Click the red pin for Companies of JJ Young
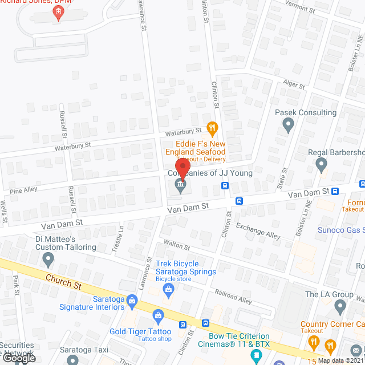pos(180,170)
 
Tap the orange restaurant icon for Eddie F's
pos(212,128)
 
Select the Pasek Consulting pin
pos(288,125)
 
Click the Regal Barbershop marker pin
pos(321,165)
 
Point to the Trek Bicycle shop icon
pos(169,290)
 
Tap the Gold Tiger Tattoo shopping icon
pos(159,314)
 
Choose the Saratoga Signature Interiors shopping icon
pos(132,300)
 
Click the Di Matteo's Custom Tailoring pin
pos(48,260)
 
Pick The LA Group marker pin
pos(340,307)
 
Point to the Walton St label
pos(177,246)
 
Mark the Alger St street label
pos(295,84)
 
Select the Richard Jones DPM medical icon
pos(58,14)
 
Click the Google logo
pos(18,358)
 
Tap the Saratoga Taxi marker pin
pos(72,360)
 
